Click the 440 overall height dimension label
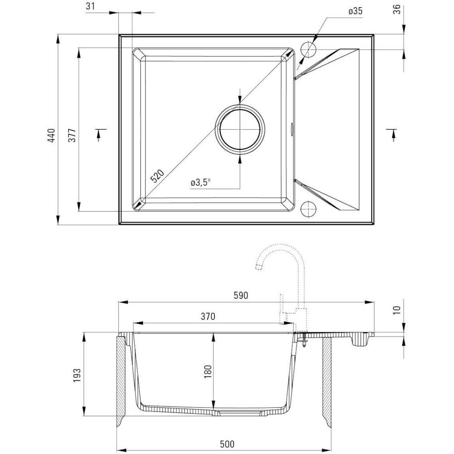[51, 135]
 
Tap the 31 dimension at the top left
[90, 6]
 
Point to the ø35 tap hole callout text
[355, 11]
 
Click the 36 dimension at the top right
[397, 9]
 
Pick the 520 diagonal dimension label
[157, 176]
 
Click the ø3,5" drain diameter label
[200, 183]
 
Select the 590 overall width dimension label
[241, 295]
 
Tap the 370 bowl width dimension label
[208, 316]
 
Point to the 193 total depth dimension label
[77, 375]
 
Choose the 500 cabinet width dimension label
[227, 444]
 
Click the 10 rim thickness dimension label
[397, 310]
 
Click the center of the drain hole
[240, 129]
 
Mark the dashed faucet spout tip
[259, 267]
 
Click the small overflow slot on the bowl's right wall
[292, 129]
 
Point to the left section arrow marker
[100, 135]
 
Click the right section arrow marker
[392, 135]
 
